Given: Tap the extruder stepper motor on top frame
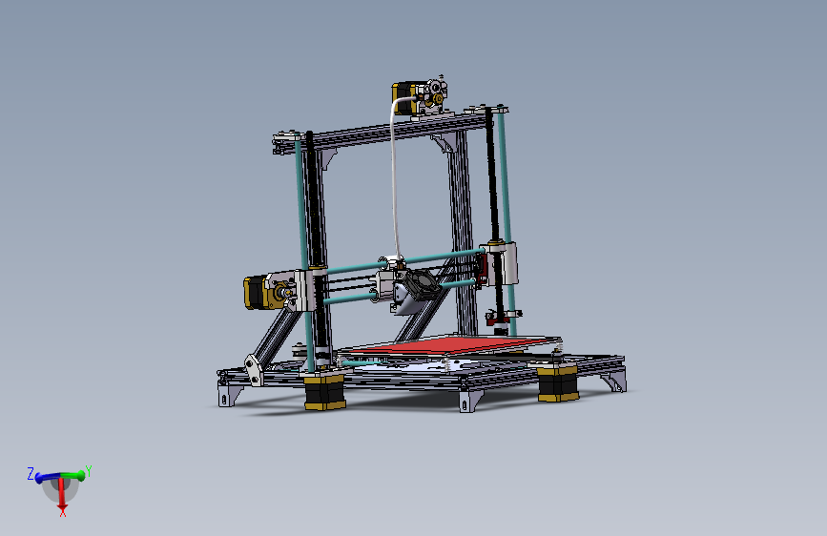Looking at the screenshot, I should coord(404,98).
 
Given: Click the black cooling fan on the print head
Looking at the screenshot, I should coord(417,284).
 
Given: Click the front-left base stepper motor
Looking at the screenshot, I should coord(324,391).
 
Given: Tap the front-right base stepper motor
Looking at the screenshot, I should coord(557,383).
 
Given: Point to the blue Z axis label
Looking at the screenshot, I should coord(31,472).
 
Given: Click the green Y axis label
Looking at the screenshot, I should coord(88,470).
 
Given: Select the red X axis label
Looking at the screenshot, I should coord(62,513).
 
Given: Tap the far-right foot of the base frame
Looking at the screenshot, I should coord(614,382).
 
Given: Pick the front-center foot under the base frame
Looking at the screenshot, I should coord(468,400).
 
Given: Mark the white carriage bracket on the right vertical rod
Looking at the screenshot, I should coord(504,263).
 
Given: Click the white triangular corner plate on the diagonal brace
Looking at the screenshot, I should coord(254,367).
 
